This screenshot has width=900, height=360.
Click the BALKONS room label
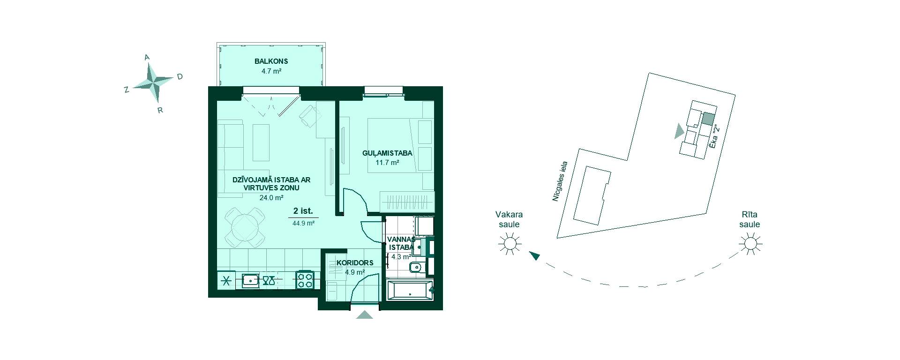click(271, 61)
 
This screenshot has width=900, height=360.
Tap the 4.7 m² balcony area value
click(271, 71)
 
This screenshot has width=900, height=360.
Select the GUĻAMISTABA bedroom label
click(387, 153)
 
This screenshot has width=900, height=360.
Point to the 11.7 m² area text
click(387, 163)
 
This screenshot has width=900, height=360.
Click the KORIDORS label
click(355, 262)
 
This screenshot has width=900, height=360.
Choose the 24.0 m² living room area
click(271, 197)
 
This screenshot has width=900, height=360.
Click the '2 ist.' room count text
click(303, 211)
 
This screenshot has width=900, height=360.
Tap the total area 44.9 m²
click(303, 223)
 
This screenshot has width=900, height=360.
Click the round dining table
click(245, 228)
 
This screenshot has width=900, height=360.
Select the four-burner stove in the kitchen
click(305, 280)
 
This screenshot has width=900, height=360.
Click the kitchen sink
click(251, 281)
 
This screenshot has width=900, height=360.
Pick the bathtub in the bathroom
click(410, 290)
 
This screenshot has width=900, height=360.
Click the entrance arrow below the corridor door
click(364, 315)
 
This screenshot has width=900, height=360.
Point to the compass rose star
click(153, 83)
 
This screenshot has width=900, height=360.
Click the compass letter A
click(147, 57)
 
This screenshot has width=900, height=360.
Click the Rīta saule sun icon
click(750, 244)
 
